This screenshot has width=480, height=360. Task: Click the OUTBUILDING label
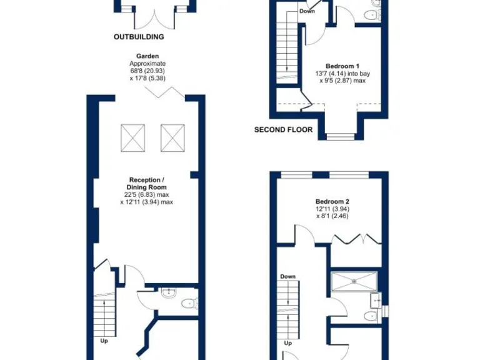pos(139,37)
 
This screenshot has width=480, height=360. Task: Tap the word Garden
pos(147,56)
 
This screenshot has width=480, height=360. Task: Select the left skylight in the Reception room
pos(132,137)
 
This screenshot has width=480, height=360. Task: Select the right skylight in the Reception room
pos(173,137)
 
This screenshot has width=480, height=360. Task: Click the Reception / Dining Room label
pos(147,183)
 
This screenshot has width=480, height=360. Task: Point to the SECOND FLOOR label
pos(284,130)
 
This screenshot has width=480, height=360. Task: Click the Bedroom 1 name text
pos(342,66)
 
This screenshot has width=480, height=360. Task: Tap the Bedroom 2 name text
pos(332,201)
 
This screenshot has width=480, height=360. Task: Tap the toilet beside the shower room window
pos(374,316)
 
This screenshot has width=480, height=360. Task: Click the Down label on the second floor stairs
pos(306,11)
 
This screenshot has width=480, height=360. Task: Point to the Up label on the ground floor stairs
pos(104,341)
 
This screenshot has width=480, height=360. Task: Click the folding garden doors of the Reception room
pos(164,93)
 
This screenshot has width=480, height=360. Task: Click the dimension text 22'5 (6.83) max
pos(147,194)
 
